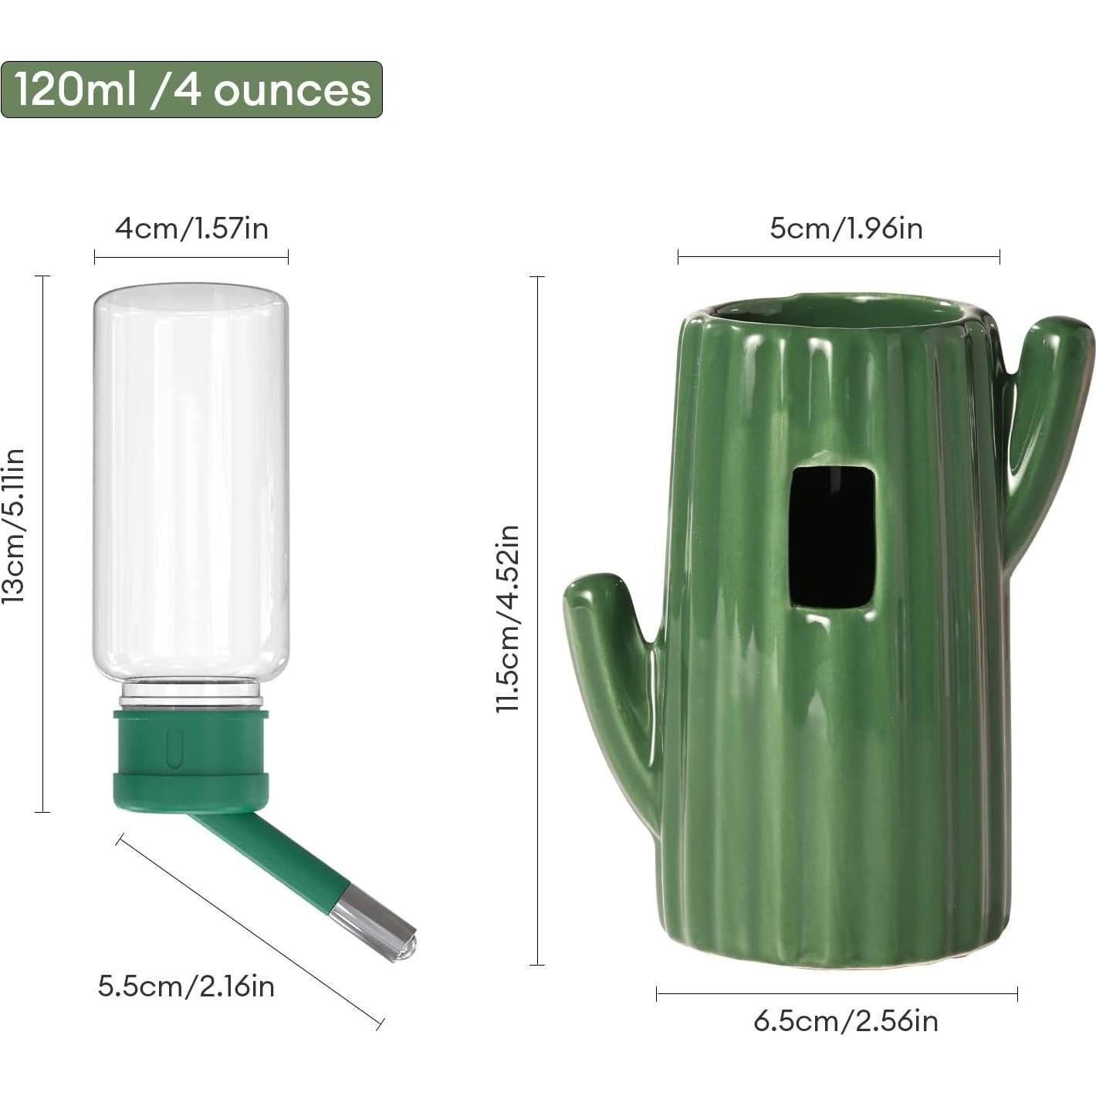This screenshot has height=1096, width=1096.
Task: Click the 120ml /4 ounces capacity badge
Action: pos(191,90)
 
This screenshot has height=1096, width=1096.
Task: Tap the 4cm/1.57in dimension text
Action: pos(191,228)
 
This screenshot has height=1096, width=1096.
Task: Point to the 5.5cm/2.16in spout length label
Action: pos(186,986)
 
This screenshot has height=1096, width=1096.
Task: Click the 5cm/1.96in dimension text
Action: pos(846,228)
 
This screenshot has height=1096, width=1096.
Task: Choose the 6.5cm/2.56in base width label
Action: pos(846,1021)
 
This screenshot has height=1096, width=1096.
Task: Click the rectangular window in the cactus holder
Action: pos(832,536)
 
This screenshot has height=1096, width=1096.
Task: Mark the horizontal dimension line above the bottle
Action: pos(191,257)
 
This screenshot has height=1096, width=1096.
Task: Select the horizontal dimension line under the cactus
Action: pos(837,994)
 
